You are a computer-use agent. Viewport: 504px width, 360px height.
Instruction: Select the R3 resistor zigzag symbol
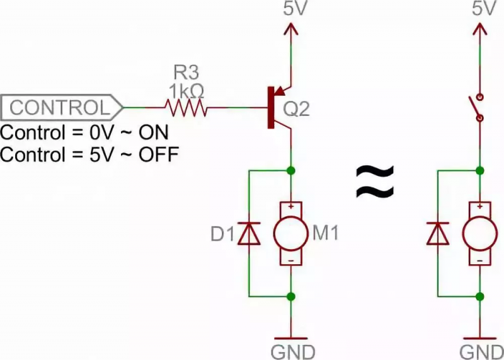tap(186, 108)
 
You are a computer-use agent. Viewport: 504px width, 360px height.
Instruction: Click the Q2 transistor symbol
tap(278, 107)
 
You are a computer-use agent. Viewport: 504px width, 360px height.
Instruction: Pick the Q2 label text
tap(297, 109)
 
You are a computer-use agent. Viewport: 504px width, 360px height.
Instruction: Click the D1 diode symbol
tap(249, 234)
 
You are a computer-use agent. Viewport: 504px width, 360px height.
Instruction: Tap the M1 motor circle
tap(290, 234)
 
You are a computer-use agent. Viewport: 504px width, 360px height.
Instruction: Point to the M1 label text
tap(326, 235)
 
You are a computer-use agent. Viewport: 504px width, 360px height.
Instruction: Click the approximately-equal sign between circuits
tap(375, 181)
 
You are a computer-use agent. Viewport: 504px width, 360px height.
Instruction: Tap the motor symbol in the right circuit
tap(479, 234)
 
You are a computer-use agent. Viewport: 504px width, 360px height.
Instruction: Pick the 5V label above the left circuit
tap(290, 9)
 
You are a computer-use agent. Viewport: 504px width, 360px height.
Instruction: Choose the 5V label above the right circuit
tap(479, 9)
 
